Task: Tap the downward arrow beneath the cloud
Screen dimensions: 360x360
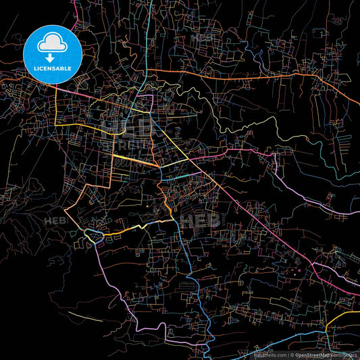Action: click(x=49, y=59)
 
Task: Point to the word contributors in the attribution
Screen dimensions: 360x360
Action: click(x=346, y=354)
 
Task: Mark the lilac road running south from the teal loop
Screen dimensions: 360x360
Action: click(x=108, y=270)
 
